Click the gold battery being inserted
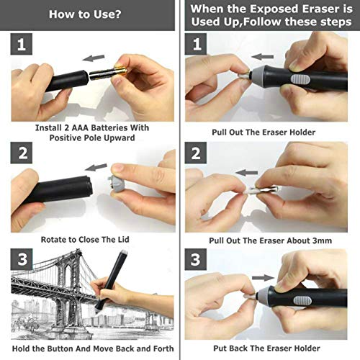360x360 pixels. click(107, 75)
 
